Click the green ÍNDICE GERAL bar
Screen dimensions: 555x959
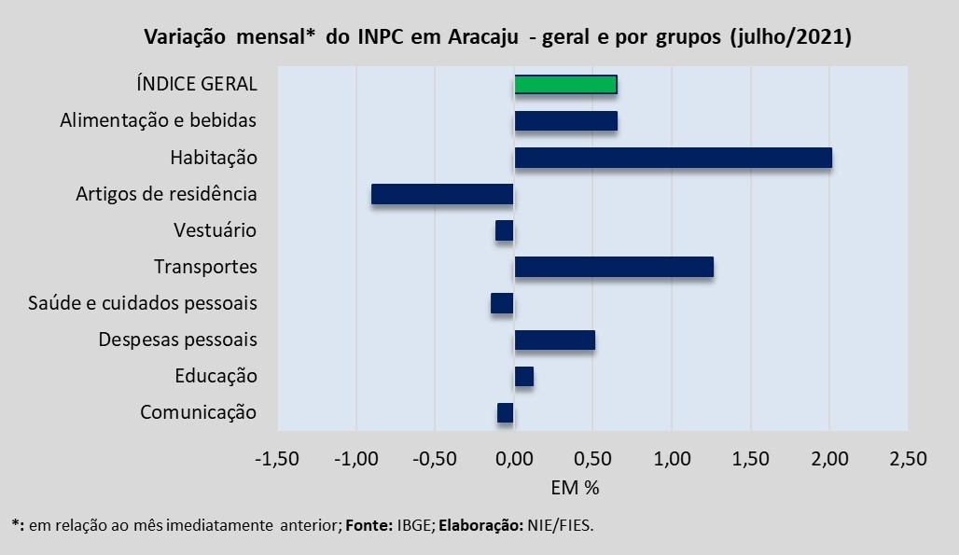(565, 84)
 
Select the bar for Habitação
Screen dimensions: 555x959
(673, 158)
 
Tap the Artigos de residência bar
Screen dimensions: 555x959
(442, 194)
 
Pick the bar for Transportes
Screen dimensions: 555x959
(614, 267)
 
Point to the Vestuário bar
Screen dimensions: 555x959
(505, 230)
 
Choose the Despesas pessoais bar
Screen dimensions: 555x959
(554, 340)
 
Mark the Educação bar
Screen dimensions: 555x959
(523, 376)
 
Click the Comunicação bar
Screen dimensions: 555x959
(506, 412)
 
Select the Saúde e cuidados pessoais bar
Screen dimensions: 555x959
(502, 303)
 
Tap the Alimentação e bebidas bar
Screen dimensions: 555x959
(565, 120)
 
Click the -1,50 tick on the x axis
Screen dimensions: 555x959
(277, 459)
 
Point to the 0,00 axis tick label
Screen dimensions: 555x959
(514, 459)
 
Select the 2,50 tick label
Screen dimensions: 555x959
(909, 459)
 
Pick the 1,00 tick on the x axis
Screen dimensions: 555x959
(672, 459)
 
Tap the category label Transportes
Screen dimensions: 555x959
(205, 267)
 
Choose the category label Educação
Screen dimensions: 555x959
(215, 376)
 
